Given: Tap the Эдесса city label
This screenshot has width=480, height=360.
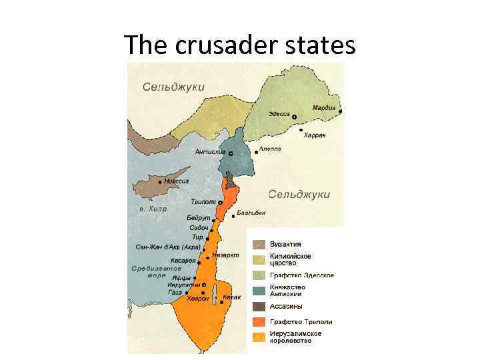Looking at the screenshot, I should (x=279, y=114).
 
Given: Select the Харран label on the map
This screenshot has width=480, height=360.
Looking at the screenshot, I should (x=314, y=135).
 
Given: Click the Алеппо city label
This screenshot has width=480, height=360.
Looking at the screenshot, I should (x=269, y=149).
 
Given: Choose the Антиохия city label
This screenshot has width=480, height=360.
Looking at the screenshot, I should (x=209, y=151).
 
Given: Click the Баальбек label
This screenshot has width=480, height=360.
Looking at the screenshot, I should (x=251, y=213).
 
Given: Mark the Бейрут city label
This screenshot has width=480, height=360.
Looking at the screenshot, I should (x=199, y=218).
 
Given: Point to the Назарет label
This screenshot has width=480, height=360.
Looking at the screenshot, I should (x=225, y=255).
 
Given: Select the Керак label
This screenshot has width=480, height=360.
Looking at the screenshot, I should (x=233, y=297).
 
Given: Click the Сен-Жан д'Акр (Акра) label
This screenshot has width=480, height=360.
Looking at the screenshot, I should (x=168, y=247).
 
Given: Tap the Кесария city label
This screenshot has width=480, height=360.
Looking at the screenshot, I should (x=183, y=261).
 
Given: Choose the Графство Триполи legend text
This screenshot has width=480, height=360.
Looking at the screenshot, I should (x=301, y=322).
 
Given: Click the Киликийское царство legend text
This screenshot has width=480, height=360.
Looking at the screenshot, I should (x=291, y=259).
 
